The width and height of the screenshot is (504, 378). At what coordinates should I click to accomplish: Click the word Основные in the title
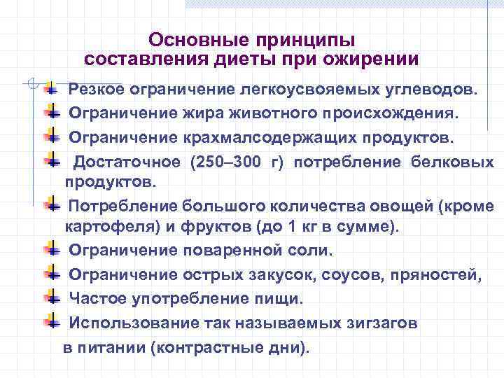188,39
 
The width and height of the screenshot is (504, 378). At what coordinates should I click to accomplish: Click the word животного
267,113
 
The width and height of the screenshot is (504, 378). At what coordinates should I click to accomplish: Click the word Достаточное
128,162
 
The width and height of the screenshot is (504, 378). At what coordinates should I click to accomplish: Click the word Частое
96,299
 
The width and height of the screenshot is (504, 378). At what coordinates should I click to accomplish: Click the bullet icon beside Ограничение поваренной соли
52,249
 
